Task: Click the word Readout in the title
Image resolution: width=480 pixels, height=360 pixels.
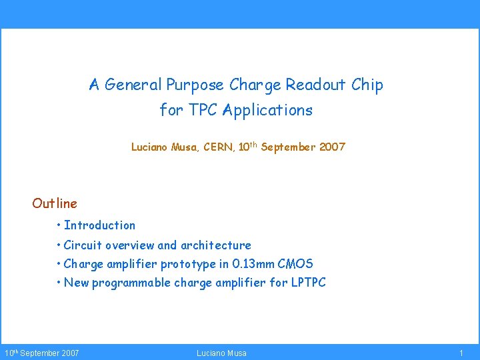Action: click(x=315, y=85)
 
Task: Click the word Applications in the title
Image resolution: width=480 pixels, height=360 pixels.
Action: click(x=267, y=111)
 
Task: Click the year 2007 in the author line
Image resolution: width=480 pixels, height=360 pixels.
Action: click(x=332, y=147)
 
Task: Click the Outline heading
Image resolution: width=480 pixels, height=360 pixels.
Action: click(x=55, y=203)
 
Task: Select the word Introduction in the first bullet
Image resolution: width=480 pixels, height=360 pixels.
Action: click(x=100, y=225)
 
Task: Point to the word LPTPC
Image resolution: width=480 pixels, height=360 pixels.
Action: click(x=308, y=283)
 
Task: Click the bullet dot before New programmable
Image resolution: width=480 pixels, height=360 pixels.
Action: click(x=59, y=283)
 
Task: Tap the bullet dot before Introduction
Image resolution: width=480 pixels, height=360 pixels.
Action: click(x=59, y=225)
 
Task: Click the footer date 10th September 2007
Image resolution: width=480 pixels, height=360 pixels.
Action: click(x=42, y=353)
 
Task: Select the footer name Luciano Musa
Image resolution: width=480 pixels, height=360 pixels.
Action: click(x=221, y=353)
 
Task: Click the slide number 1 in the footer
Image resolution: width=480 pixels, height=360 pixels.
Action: click(x=461, y=353)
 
